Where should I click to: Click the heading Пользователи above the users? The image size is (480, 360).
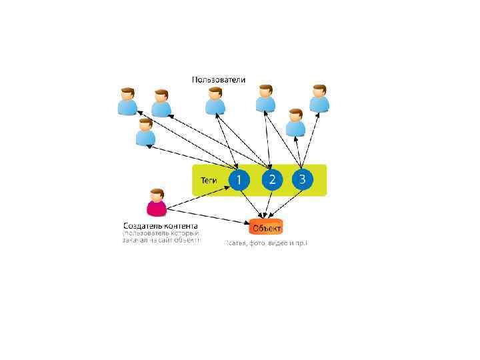[x=219, y=80]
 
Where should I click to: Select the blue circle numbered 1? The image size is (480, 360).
[x=239, y=179]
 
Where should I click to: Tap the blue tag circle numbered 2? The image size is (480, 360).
[x=271, y=179]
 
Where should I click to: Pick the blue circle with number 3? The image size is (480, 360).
[x=302, y=179]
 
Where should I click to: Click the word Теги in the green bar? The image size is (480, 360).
[x=209, y=180]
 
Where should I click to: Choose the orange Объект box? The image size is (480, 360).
[x=266, y=227]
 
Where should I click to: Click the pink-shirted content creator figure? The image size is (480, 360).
[x=157, y=203]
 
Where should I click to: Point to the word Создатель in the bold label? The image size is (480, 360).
[x=141, y=225]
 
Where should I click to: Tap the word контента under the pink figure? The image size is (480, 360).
[x=179, y=225]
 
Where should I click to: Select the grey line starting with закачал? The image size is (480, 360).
[x=161, y=241]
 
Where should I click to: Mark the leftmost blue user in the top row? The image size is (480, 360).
[x=127, y=101]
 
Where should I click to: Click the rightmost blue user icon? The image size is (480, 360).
[x=319, y=98]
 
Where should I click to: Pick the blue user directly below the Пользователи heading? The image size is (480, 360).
[x=215, y=101]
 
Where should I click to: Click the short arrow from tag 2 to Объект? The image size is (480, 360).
[x=269, y=203]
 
